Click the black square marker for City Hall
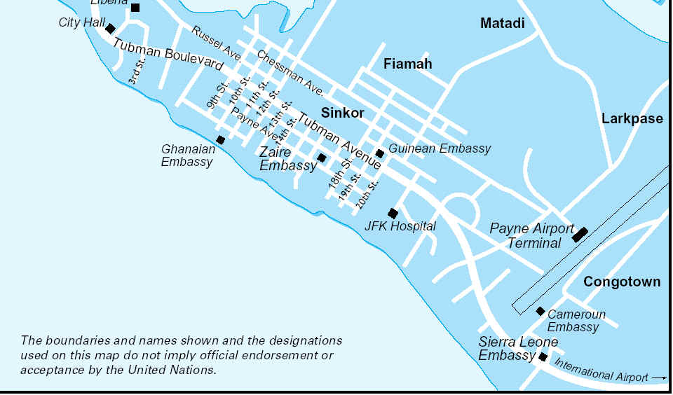pyautogui.click(x=110, y=29)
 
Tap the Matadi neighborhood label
pyautogui.click(x=502, y=24)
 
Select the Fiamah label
pyautogui.click(x=407, y=64)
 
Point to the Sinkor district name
pyautogui.click(x=342, y=113)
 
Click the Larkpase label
pyautogui.click(x=632, y=119)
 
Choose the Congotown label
pyautogui.click(x=622, y=282)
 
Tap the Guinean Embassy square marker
pyautogui.click(x=379, y=153)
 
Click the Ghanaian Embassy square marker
pyautogui.click(x=220, y=140)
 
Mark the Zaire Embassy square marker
pyautogui.click(x=322, y=158)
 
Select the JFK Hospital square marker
pyautogui.click(x=393, y=214)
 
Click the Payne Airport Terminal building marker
pyautogui.click(x=579, y=234)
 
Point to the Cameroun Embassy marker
pyautogui.click(x=541, y=311)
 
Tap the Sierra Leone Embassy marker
pyautogui.click(x=543, y=357)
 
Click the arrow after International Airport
pyautogui.click(x=658, y=378)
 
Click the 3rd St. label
pyautogui.click(x=136, y=71)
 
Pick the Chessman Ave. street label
pyautogui.click(x=290, y=73)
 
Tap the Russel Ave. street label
pyautogui.click(x=216, y=42)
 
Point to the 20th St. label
pyautogui.click(x=367, y=194)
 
